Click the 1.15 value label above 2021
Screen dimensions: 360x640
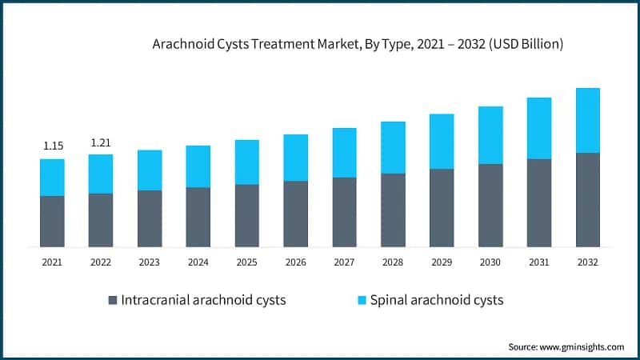(x=52, y=146)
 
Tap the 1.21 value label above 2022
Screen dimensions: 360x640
(x=101, y=142)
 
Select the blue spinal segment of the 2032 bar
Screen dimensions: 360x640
(x=588, y=120)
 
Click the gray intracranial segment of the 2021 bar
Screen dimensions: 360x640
(x=52, y=221)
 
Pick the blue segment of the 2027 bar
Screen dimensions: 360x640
(x=344, y=152)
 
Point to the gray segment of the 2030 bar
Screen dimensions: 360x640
(x=490, y=205)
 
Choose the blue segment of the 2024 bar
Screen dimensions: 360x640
(x=198, y=166)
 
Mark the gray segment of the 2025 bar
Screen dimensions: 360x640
(x=246, y=215)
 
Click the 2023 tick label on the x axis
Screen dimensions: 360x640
(x=150, y=262)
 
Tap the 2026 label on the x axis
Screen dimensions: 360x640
(x=295, y=262)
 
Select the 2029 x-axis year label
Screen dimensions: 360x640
(x=442, y=262)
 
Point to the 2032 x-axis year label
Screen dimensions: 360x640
(x=588, y=262)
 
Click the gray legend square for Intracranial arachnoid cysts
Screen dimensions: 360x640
(x=113, y=301)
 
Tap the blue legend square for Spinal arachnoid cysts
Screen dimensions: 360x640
(x=362, y=301)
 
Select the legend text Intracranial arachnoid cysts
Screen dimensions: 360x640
(x=203, y=301)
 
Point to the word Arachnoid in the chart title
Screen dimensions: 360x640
(x=181, y=46)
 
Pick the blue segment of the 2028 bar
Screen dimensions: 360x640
(x=393, y=147)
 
